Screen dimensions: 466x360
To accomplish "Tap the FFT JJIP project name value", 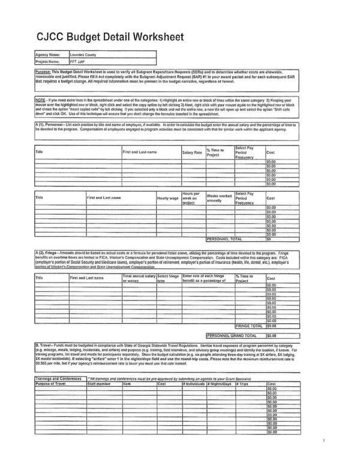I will (77, 61).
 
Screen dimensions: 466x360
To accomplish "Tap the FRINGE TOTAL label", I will (247, 325).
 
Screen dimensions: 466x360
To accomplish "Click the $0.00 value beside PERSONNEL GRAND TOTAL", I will (272, 336).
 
